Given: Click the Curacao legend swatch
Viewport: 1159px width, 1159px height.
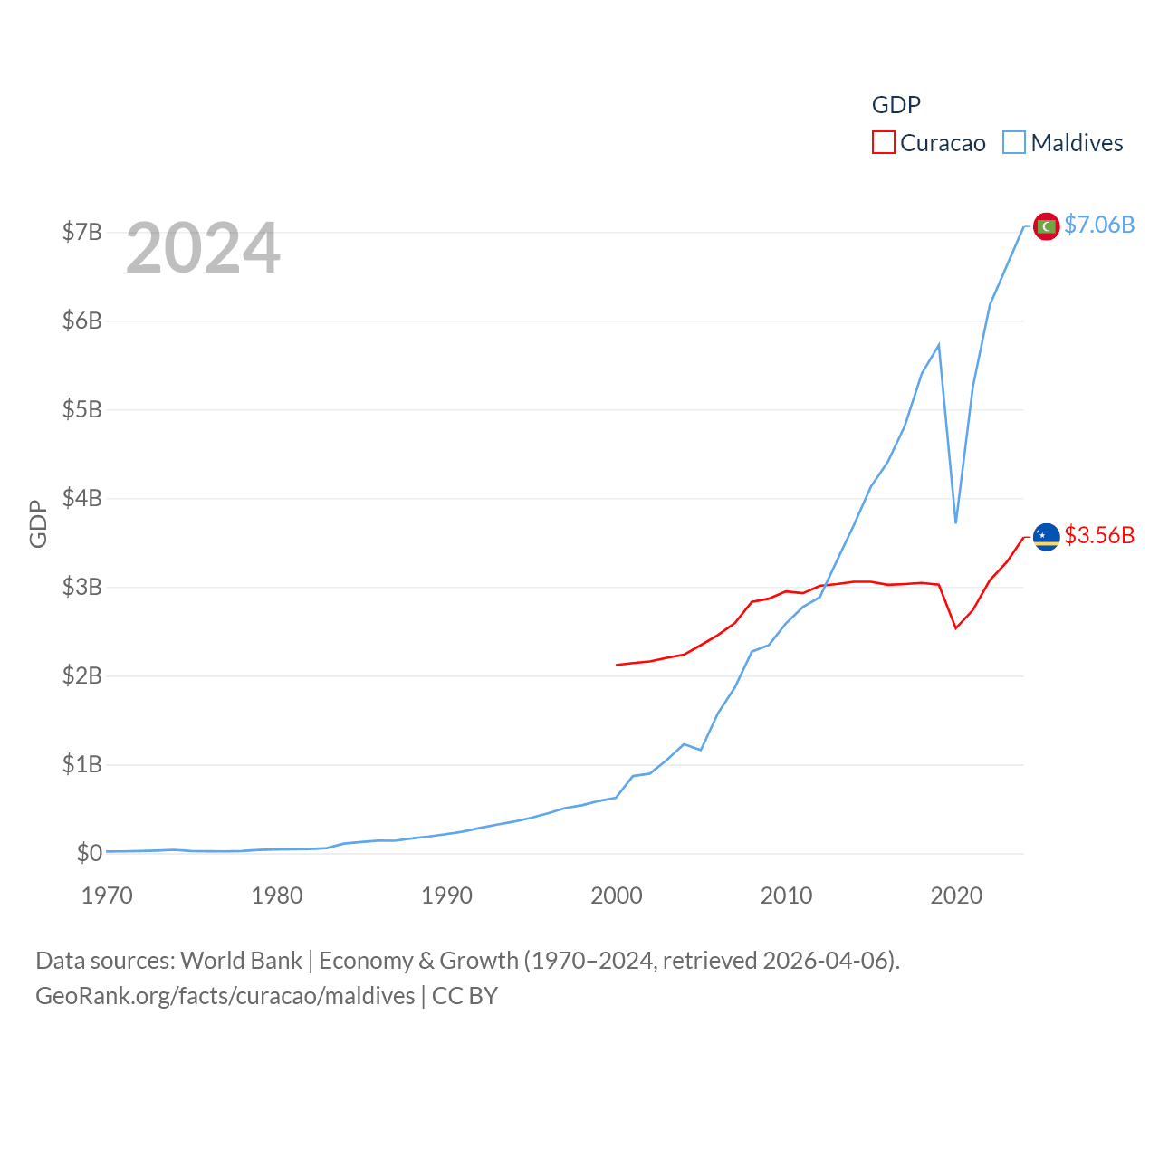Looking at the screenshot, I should click(x=883, y=143).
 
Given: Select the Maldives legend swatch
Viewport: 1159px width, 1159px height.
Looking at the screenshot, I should click(x=1014, y=143).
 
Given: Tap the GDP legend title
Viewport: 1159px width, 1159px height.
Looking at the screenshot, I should click(x=896, y=105).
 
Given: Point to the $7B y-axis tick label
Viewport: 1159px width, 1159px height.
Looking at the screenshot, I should click(x=81, y=232).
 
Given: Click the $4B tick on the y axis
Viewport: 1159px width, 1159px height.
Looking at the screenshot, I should click(x=81, y=498).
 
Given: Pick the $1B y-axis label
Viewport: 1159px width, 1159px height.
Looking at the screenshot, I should click(x=81, y=764).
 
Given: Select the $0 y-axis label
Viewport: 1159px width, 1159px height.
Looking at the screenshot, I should click(x=89, y=853).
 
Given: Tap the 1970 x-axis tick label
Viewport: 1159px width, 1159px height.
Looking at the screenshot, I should click(x=107, y=896).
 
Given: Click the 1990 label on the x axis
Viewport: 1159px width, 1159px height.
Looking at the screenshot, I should click(x=446, y=896).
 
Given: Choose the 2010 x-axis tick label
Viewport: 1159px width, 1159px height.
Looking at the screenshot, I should click(x=786, y=896).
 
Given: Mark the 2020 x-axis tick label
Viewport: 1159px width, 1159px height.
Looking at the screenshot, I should click(x=956, y=896).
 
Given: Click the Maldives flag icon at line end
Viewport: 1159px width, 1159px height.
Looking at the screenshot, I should click(x=1046, y=225).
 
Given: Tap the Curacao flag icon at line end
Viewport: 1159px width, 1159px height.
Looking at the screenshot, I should click(x=1046, y=536).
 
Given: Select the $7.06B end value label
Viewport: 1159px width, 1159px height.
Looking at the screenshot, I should click(x=1099, y=225).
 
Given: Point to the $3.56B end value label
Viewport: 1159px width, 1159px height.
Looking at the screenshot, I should click(x=1099, y=535).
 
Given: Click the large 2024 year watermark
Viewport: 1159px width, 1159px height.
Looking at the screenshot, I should click(x=203, y=248).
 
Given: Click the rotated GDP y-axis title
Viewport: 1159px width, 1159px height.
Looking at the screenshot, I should click(x=38, y=523).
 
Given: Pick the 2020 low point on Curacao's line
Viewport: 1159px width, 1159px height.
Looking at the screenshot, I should click(x=955, y=627).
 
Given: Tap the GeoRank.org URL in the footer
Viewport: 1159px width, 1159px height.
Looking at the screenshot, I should click(x=225, y=996).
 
